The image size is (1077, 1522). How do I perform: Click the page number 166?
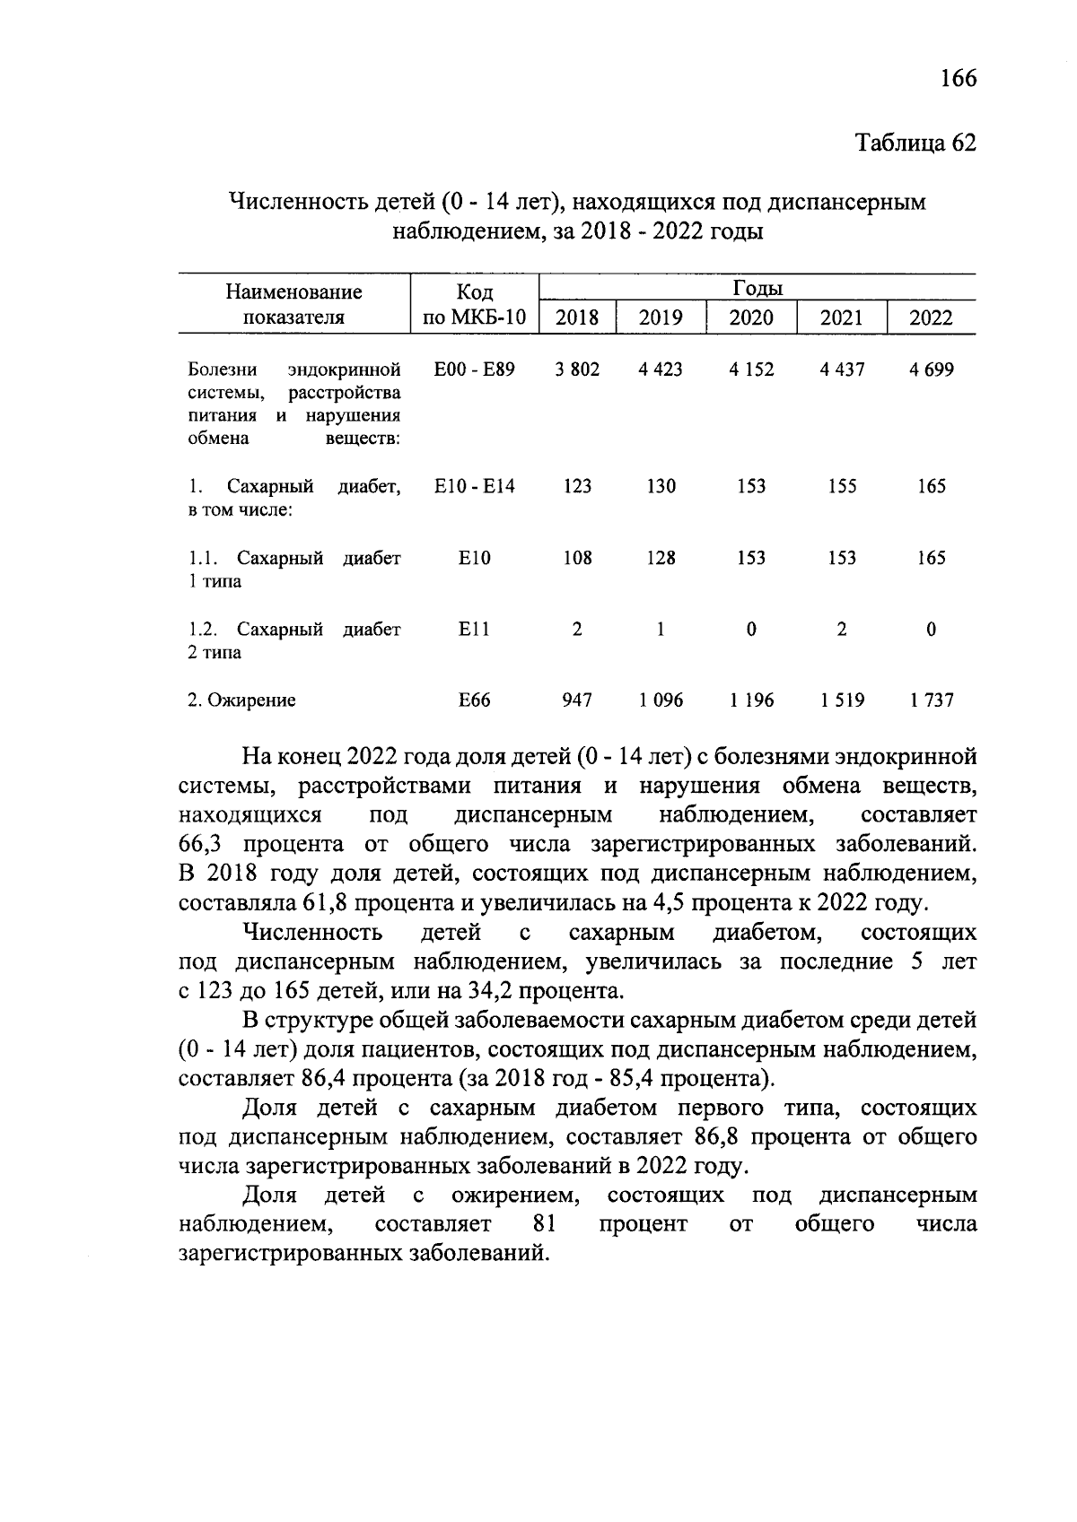pyautogui.click(x=958, y=78)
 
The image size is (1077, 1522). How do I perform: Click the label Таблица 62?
pyautogui.click(x=915, y=144)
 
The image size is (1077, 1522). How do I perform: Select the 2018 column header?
pyautogui.click(x=577, y=317)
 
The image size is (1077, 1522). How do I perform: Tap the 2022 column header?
pyautogui.click(x=931, y=317)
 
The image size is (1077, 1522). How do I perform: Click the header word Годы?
pyautogui.click(x=757, y=288)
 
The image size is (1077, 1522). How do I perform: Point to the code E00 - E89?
pyautogui.click(x=474, y=370)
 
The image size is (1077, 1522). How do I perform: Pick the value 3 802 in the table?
pyautogui.click(x=577, y=370)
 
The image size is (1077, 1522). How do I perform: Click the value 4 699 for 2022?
pyautogui.click(x=931, y=370)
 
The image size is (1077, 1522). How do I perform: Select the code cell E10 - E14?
pyautogui.click(x=474, y=486)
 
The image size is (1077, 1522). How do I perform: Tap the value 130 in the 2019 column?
pyautogui.click(x=661, y=486)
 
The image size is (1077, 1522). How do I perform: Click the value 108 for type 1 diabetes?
pyautogui.click(x=577, y=558)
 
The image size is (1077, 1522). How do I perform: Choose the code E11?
pyautogui.click(x=474, y=630)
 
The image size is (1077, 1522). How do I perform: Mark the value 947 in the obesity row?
pyautogui.click(x=577, y=700)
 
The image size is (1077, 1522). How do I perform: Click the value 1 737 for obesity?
pyautogui.click(x=931, y=700)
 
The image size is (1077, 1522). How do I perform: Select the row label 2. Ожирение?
pyautogui.click(x=241, y=700)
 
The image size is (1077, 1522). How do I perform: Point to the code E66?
pyautogui.click(x=474, y=700)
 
